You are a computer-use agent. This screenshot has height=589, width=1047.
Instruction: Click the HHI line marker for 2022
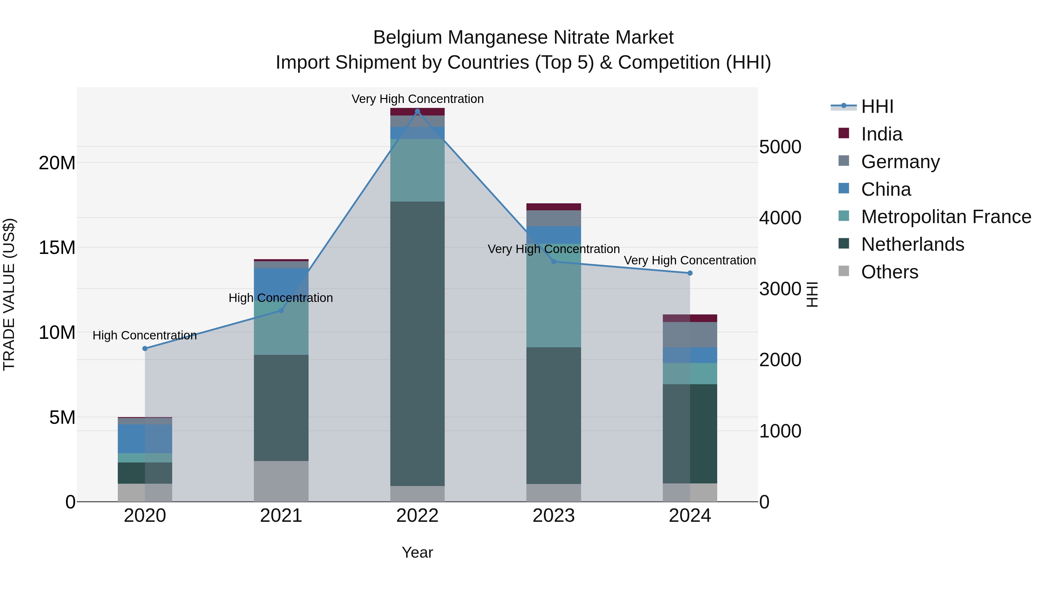[417, 111]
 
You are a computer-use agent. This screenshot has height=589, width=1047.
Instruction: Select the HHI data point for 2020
[145, 348]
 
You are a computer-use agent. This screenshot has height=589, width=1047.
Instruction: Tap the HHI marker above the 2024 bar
[690, 273]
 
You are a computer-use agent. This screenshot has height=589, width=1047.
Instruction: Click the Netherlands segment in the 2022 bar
[417, 344]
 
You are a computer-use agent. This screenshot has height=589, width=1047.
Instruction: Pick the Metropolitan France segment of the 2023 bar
[553, 296]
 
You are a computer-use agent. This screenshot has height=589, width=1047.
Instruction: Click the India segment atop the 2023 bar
[553, 207]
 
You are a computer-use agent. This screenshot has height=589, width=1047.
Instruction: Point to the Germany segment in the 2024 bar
[690, 334]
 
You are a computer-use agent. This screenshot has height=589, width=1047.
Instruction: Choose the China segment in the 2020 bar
[145, 439]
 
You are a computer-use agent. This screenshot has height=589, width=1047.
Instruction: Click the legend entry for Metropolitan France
[945, 217]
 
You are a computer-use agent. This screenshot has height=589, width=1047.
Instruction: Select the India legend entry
[881, 134]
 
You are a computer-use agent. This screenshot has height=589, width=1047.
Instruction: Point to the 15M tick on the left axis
[57, 248]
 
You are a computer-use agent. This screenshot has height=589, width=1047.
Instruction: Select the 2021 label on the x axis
[281, 516]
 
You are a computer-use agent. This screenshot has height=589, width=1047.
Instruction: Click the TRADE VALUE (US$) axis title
[9, 294]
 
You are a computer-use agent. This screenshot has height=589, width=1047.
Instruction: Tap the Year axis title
[417, 552]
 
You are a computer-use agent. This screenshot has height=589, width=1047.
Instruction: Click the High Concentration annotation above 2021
[281, 298]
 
